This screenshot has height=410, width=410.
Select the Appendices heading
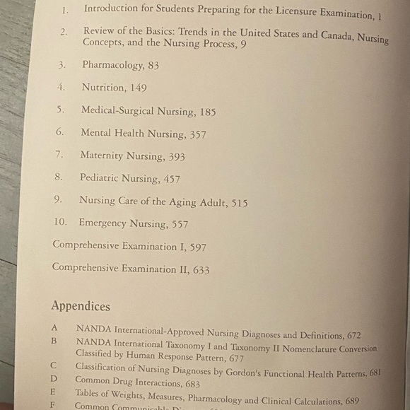tap(81, 306)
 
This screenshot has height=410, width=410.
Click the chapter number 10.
tap(60, 223)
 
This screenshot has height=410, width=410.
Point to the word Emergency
tap(104, 223)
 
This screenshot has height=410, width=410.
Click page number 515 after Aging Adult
tap(239, 202)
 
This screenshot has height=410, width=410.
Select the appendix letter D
tap(54, 379)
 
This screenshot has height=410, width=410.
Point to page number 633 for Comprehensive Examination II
tap(200, 269)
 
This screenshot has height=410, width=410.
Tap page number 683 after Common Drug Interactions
tap(189, 384)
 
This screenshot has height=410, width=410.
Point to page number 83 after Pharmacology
tap(153, 65)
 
